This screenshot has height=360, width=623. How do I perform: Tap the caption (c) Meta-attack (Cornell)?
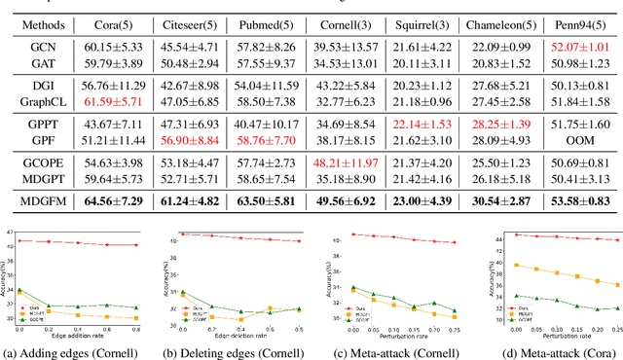[389, 350]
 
